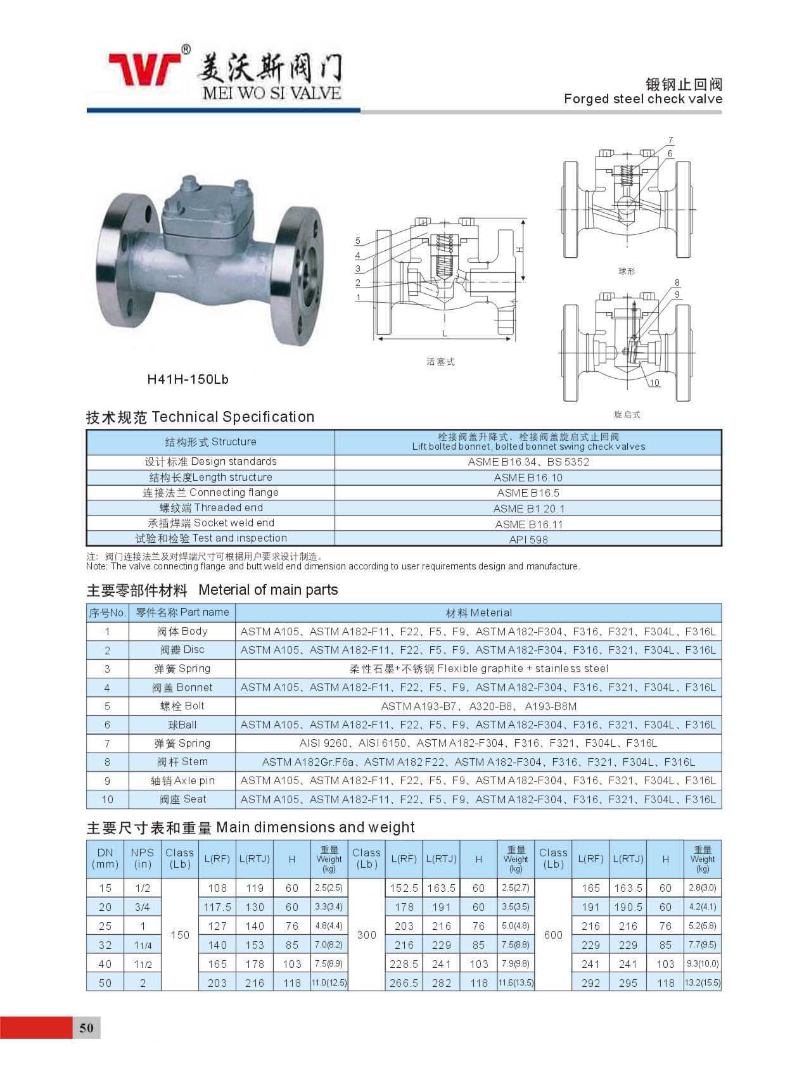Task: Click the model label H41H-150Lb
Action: click(x=188, y=379)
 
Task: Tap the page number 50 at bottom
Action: click(x=86, y=1027)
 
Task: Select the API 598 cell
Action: click(x=528, y=540)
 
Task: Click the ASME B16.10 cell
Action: click(x=528, y=478)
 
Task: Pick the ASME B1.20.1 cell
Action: click(x=528, y=509)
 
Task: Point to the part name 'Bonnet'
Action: click(x=182, y=687)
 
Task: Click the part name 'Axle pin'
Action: click(x=182, y=780)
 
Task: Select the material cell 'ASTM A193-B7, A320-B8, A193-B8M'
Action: click(x=478, y=706)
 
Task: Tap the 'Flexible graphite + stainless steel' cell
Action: click(x=478, y=669)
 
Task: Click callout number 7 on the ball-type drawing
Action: click(x=671, y=140)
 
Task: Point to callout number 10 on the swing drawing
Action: click(x=654, y=383)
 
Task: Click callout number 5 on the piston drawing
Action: click(x=358, y=241)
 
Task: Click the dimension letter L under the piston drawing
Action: click(x=445, y=333)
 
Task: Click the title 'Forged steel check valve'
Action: click(x=642, y=99)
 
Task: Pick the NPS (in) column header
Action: click(x=143, y=858)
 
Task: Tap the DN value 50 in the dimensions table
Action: click(x=105, y=983)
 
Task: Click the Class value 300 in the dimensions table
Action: click(x=367, y=935)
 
